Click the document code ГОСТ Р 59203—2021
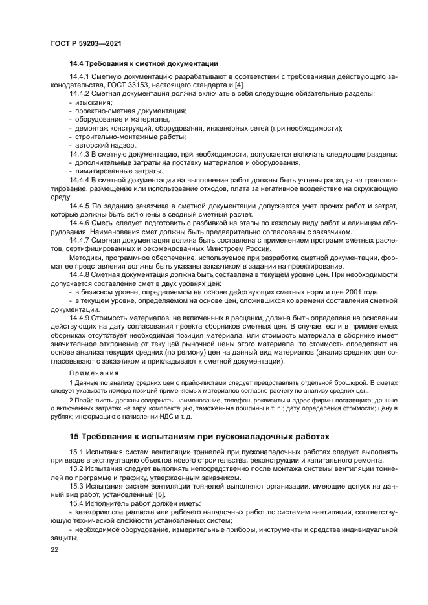pyautogui.click(x=86, y=43)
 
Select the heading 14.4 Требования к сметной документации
pyautogui.click(x=143, y=63)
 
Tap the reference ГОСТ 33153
pyautogui.click(x=118, y=86)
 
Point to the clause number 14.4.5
pyautogui.click(x=80, y=204)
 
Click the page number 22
pyautogui.click(x=55, y=548)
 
